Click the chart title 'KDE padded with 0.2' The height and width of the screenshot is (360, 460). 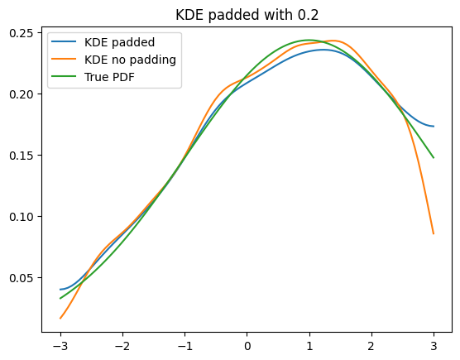point(247,15)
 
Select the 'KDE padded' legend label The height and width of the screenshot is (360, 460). point(119,42)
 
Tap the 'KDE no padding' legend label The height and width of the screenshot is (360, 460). point(130,60)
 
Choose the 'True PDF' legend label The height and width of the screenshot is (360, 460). point(109,77)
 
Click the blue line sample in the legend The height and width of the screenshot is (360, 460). point(64,41)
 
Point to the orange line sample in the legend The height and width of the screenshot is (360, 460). point(64,59)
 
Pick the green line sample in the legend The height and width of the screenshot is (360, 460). point(64,76)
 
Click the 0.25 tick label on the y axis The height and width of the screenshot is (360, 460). point(22,33)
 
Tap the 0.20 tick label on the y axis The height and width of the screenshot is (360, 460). point(22,94)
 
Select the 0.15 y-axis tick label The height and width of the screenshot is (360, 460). point(22,156)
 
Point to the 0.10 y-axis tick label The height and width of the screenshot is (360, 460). point(22,217)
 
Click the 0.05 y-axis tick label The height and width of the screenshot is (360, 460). point(22,277)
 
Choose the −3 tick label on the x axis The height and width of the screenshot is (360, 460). point(60,346)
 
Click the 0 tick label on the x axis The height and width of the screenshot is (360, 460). point(247,346)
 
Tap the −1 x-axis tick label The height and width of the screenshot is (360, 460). point(184,346)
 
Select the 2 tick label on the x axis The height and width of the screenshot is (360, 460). point(371,346)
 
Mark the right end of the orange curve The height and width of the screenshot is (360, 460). point(434,234)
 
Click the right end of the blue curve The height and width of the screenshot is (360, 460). point(434,127)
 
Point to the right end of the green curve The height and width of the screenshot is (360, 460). point(434,158)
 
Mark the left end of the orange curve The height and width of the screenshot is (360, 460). point(60,319)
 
